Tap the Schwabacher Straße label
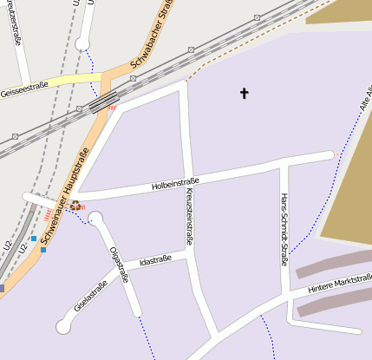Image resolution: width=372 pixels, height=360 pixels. click(x=150, y=35)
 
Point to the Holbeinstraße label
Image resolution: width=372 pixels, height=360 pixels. click(x=175, y=183)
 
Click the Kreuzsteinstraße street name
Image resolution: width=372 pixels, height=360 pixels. click(x=188, y=217)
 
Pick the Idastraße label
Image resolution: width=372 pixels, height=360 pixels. click(x=153, y=259)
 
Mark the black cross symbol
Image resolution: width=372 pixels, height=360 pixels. click(x=245, y=92)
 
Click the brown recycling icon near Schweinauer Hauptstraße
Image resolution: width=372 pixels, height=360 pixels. click(x=75, y=206)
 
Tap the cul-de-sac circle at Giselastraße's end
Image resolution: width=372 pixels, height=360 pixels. click(x=63, y=326)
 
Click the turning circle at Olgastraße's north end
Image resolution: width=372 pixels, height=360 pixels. click(x=95, y=219)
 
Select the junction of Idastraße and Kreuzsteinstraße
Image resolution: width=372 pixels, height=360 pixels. click(x=189, y=255)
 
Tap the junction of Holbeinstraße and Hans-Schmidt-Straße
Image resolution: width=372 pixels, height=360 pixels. click(x=283, y=163)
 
